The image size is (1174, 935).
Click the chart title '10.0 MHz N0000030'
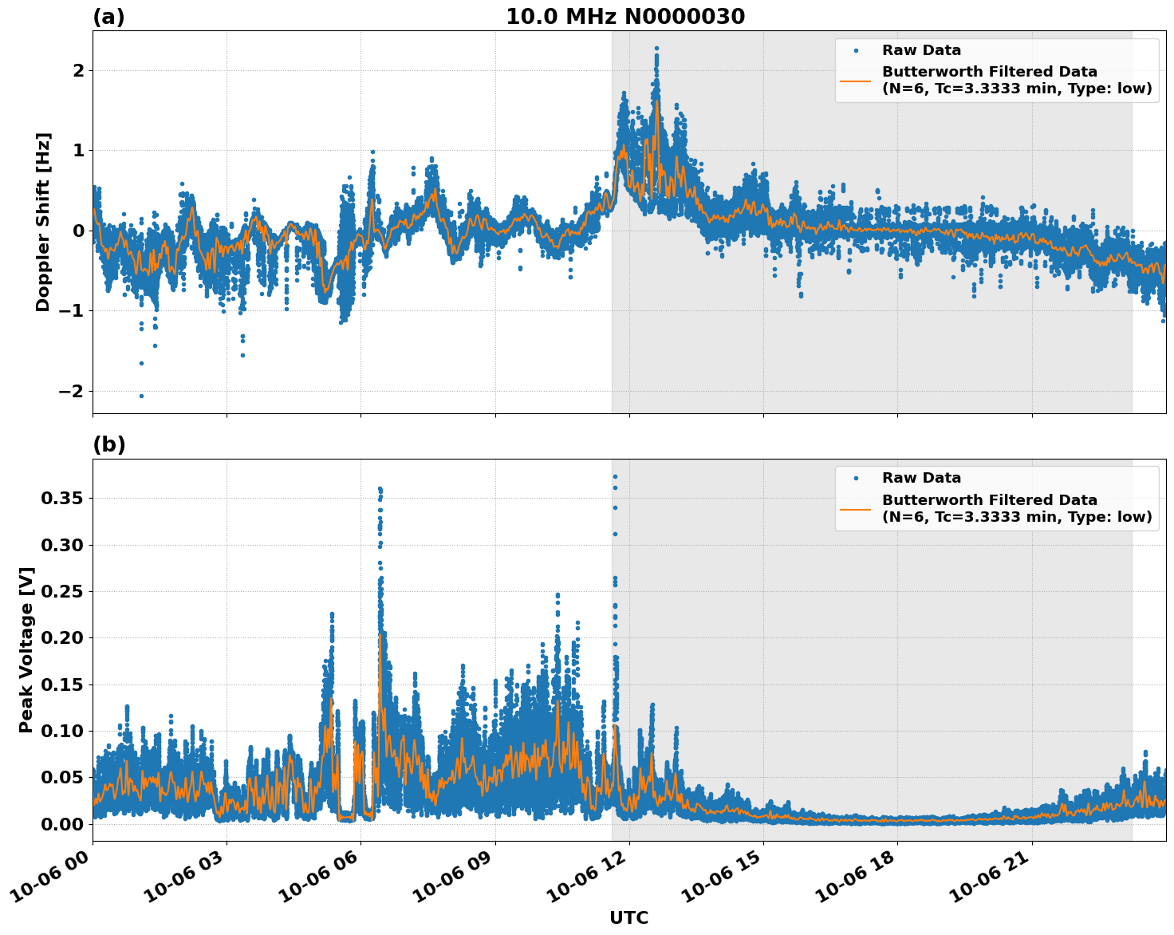click(625, 17)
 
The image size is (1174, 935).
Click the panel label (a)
click(108, 17)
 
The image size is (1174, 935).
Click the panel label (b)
click(108, 444)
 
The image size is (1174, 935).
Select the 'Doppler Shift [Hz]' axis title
click(43, 222)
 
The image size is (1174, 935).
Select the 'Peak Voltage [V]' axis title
click(26, 650)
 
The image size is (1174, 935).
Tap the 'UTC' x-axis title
click(628, 917)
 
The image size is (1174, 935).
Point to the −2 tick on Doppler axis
click(71, 391)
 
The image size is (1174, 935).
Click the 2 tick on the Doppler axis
click(78, 70)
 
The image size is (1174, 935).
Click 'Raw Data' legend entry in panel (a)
click(921, 50)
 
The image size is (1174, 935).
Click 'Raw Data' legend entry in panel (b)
click(921, 478)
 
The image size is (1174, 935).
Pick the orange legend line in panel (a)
click(857, 81)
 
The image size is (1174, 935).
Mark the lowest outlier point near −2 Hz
click(141, 396)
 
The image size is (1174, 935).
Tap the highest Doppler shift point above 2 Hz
click(656, 49)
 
